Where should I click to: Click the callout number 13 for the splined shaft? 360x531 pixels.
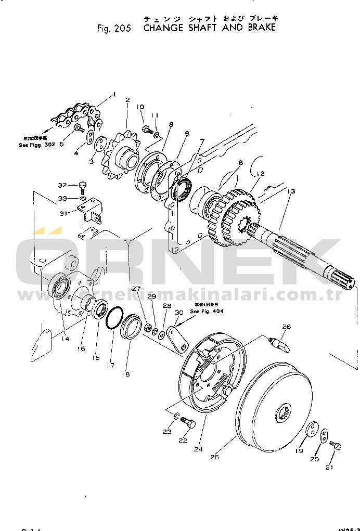pyautogui.click(x=291, y=191)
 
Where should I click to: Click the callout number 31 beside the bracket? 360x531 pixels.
pyautogui.click(x=63, y=213)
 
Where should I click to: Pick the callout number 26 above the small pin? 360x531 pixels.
pyautogui.click(x=286, y=327)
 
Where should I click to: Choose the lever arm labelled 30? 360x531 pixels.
pyautogui.click(x=177, y=339)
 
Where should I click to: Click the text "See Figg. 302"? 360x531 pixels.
pyautogui.click(x=36, y=145)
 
